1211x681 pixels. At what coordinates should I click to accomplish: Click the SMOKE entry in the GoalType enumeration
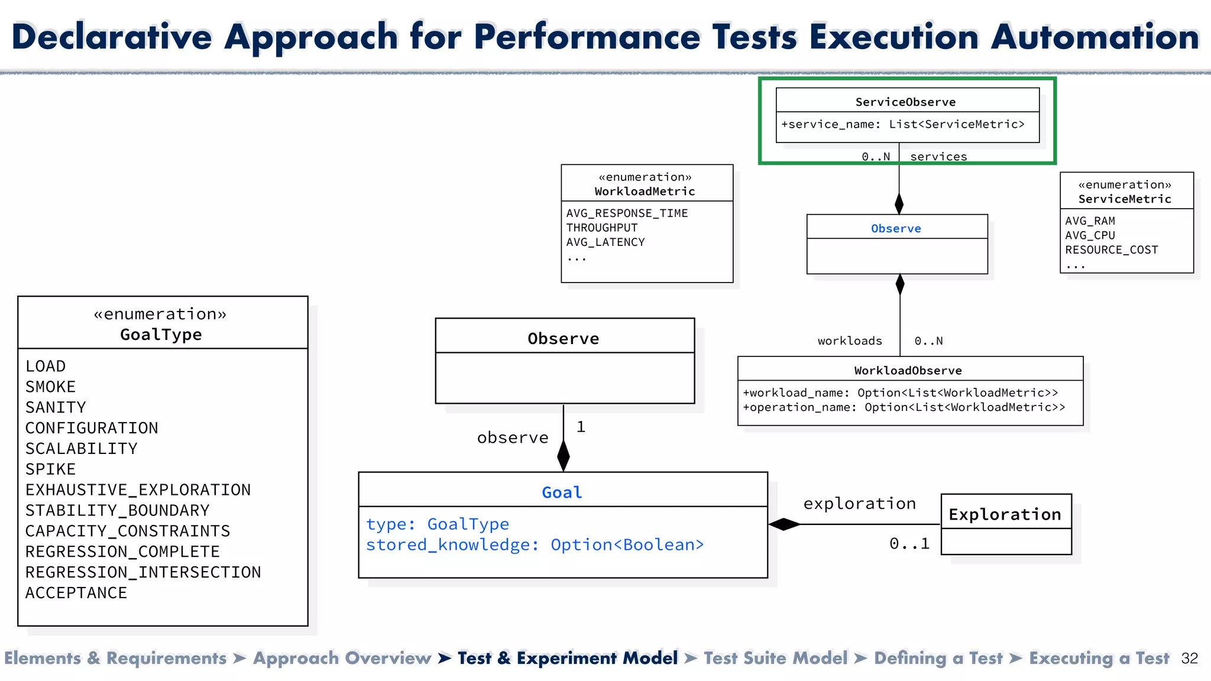tap(51, 387)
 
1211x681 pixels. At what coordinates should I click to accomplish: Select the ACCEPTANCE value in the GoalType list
tap(76, 593)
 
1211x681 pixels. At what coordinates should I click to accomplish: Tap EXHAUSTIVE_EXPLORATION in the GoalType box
tap(138, 490)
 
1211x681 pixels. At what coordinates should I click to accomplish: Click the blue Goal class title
tap(562, 492)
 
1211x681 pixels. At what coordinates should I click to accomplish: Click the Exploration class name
tap(1005, 514)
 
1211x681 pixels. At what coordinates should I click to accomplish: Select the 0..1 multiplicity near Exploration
tap(909, 544)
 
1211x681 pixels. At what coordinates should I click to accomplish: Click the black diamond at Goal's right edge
tap(784, 524)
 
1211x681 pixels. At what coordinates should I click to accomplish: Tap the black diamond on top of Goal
tap(564, 456)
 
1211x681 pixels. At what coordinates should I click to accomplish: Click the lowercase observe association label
tap(513, 438)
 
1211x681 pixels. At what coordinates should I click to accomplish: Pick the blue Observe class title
tap(896, 229)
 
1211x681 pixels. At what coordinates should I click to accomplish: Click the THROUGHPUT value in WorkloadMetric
tap(601, 228)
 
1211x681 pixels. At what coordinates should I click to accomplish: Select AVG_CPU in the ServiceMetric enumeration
tap(1090, 235)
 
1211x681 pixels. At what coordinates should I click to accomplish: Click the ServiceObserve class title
tap(905, 102)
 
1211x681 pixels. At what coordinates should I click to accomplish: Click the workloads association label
tap(850, 341)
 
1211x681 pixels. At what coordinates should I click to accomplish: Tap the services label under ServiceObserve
tap(938, 157)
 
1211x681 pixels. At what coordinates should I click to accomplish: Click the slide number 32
tap(1189, 659)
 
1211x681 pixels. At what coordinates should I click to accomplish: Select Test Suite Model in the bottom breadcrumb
tap(775, 659)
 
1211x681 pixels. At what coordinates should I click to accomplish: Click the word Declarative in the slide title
tap(112, 37)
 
